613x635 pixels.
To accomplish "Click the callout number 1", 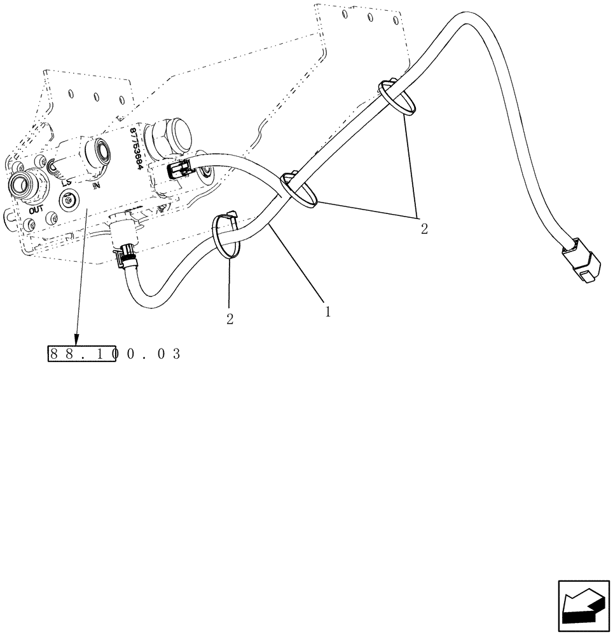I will click(x=327, y=312).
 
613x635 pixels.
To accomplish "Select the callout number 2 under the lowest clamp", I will click(x=230, y=319).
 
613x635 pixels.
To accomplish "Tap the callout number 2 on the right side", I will click(x=424, y=229).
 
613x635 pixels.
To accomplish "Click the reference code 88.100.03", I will click(x=114, y=354).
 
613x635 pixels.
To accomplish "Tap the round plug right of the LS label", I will click(x=65, y=200).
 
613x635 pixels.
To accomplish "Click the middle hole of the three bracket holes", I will click(x=96, y=97).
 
